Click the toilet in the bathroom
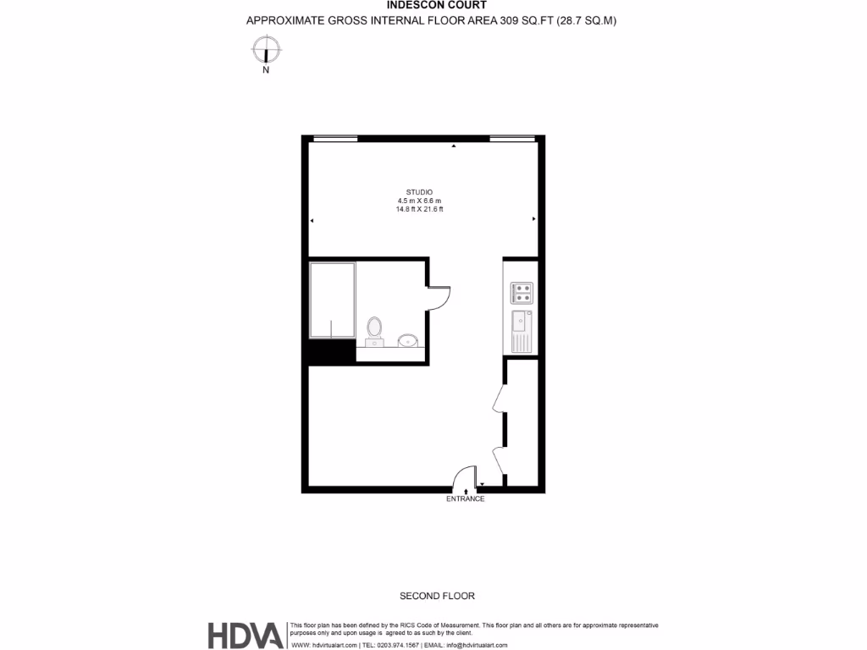click(374, 330)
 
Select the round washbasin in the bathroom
click(407, 341)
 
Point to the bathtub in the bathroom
click(332, 300)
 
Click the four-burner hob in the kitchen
click(521, 293)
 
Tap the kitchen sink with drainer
click(521, 331)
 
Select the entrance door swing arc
click(463, 480)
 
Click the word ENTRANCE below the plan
click(466, 499)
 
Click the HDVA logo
click(246, 635)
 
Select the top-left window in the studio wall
click(334, 139)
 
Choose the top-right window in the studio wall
click(512, 139)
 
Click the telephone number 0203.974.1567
click(397, 645)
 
